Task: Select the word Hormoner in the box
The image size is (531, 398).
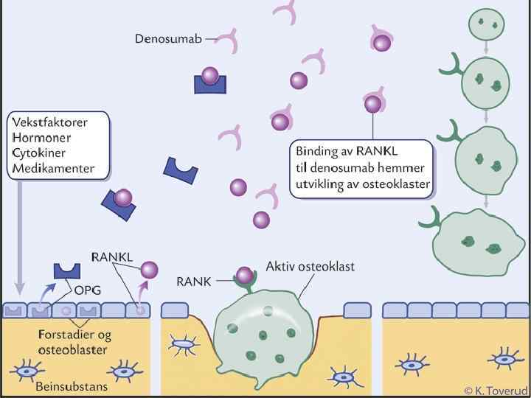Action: coord(41,138)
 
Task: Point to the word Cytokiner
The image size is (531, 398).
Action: coord(40,155)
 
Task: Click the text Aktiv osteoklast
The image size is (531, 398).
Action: coord(310,265)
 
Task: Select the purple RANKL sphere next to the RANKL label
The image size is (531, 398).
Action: coord(150,270)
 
